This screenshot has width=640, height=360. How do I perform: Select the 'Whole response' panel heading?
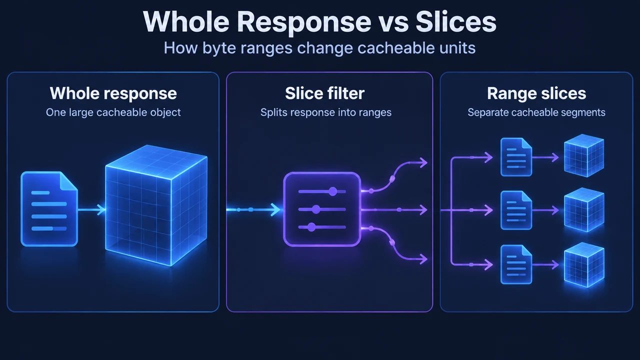[113, 93]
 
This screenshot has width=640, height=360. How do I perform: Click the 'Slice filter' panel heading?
[325, 93]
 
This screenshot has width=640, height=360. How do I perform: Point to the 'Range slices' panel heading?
[536, 93]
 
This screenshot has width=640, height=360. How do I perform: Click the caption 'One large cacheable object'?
[113, 112]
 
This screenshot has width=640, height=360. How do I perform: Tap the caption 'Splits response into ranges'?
[326, 112]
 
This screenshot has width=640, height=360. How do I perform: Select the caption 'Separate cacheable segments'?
[536, 112]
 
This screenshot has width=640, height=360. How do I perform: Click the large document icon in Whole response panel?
[49, 209]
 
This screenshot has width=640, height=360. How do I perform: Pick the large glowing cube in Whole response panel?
[156, 205]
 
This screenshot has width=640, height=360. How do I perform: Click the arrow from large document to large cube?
[91, 209]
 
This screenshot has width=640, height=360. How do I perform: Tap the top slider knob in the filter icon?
[333, 191]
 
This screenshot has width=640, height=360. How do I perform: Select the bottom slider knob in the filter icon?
[311, 227]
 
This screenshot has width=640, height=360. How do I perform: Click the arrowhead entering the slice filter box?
[275, 209]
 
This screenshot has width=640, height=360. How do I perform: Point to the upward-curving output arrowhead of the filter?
[423, 163]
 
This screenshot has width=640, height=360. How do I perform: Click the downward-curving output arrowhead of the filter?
[423, 259]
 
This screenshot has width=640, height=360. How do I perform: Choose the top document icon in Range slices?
[516, 157]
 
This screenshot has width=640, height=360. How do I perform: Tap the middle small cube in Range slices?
[584, 210]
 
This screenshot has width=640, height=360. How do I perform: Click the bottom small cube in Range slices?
[584, 265]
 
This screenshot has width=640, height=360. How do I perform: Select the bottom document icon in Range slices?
[516, 264]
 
